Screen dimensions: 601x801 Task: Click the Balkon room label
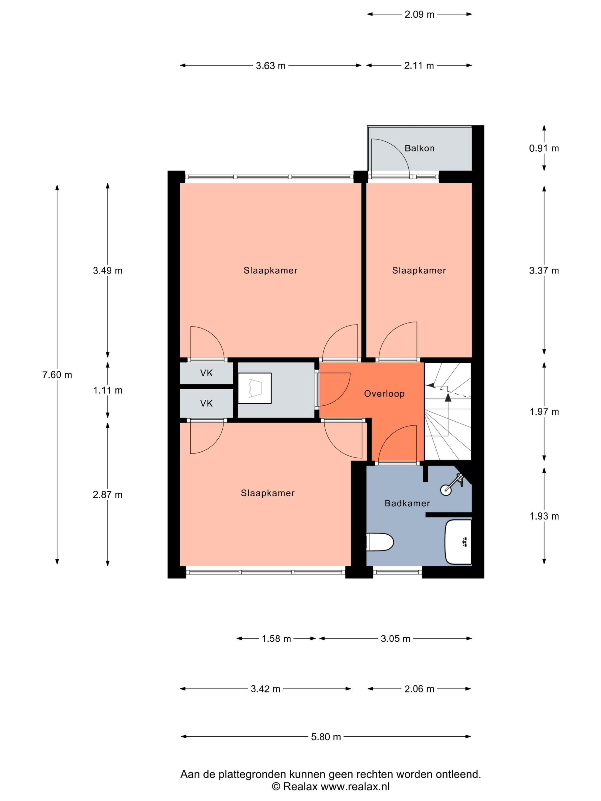(x=419, y=148)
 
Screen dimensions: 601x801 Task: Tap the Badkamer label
(x=407, y=503)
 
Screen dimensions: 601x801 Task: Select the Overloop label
(x=384, y=394)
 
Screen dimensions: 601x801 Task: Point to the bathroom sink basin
(x=458, y=542)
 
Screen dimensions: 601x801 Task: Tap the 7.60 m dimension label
(x=57, y=375)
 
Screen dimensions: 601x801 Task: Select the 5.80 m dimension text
(x=326, y=737)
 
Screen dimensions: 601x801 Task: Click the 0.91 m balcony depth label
(x=544, y=148)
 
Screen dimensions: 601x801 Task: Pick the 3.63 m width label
(x=271, y=66)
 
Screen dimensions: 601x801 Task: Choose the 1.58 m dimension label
(x=276, y=639)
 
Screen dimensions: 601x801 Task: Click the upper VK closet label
(x=207, y=373)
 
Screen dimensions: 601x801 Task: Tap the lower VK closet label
(x=207, y=403)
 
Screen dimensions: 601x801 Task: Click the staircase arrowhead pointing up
(x=448, y=397)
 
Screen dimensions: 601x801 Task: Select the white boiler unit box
(x=255, y=388)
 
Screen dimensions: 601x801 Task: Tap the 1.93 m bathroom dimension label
(x=544, y=516)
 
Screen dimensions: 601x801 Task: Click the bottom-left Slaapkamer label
(x=268, y=493)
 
